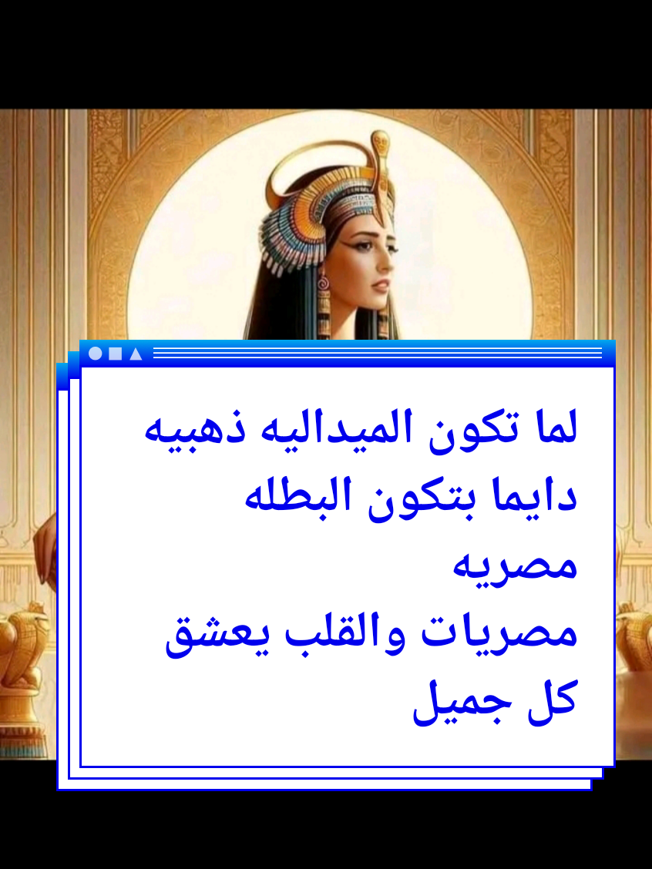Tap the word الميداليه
(373, 429)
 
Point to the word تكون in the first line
(484, 429)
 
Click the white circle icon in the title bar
(96, 354)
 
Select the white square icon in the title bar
(116, 354)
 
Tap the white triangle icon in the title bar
(136, 354)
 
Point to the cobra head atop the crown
(379, 144)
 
